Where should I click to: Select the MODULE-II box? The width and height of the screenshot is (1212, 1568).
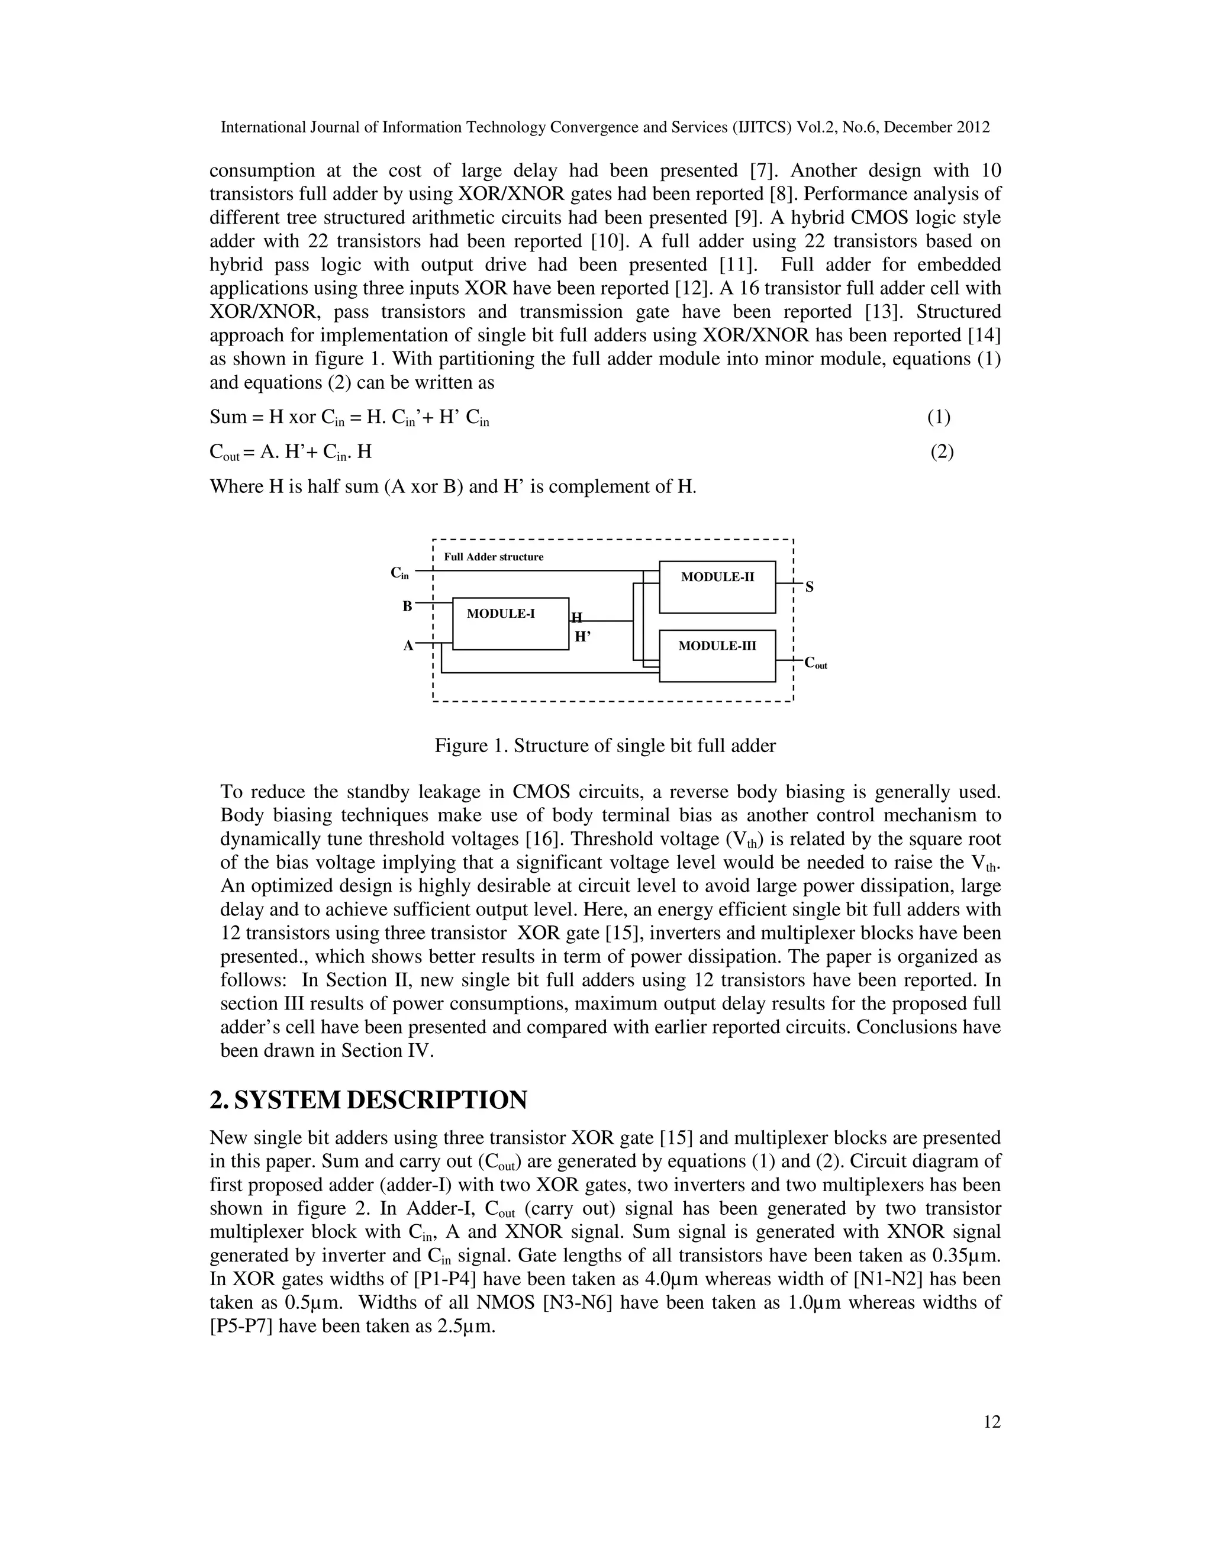tap(717, 586)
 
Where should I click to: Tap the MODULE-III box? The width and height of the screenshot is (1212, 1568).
tap(717, 655)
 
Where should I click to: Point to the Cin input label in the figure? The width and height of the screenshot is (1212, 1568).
tap(399, 573)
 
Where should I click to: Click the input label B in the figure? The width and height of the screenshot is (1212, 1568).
tap(407, 606)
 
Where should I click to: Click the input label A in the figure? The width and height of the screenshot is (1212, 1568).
tap(408, 646)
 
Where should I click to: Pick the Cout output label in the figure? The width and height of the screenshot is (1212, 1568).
tap(815, 663)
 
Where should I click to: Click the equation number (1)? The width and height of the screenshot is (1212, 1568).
tap(939, 417)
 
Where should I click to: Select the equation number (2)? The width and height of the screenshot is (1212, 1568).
tap(942, 451)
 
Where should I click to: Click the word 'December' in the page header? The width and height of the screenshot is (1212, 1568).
tap(922, 128)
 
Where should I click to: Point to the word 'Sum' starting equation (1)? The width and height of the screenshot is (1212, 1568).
tap(228, 417)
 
